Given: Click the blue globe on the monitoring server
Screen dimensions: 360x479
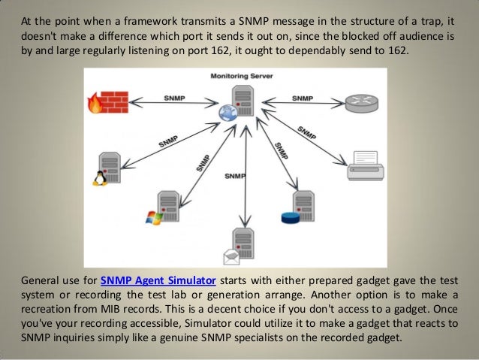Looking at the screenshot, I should point(226,112).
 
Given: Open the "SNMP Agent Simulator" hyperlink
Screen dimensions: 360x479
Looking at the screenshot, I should point(157,282).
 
